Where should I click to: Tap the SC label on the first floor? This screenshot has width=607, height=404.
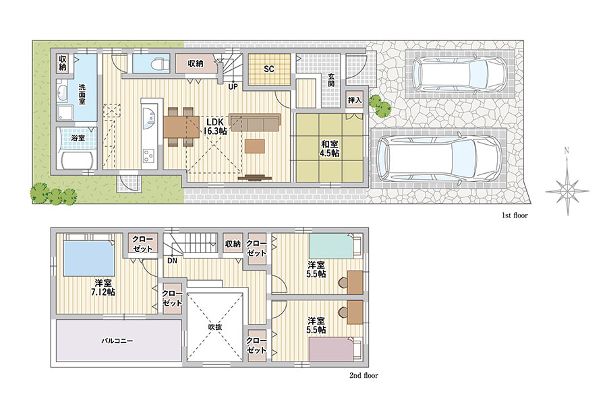point(269,69)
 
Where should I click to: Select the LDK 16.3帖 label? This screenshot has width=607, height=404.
point(215,127)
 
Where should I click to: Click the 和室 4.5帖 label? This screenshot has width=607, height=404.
point(329,149)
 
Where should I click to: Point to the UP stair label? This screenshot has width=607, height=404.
point(233,87)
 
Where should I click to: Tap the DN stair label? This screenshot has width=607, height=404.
point(172,261)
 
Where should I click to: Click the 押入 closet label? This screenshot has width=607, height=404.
point(355,100)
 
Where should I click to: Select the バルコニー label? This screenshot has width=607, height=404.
point(117,341)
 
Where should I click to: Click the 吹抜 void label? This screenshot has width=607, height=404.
point(215,327)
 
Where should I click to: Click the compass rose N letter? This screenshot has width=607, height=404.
point(567,151)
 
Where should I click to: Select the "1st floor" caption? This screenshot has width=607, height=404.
point(515,215)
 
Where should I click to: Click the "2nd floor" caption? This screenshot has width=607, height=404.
point(364,376)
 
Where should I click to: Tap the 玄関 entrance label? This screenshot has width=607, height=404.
point(331,80)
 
